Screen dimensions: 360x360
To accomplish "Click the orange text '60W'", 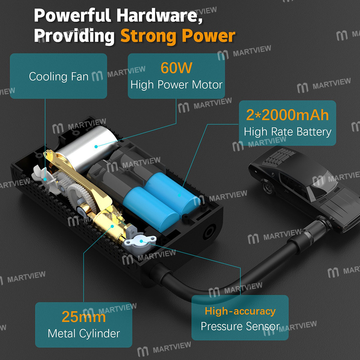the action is pyautogui.click(x=176, y=68).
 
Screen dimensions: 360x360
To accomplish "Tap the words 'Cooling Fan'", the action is pyautogui.click(x=59, y=76).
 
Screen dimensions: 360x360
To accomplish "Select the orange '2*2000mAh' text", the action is pyautogui.click(x=287, y=115).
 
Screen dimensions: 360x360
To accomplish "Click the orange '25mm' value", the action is pyautogui.click(x=84, y=317).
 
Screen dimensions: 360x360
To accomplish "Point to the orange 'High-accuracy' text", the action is pyautogui.click(x=240, y=311).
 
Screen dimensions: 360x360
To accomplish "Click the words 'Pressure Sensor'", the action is pyautogui.click(x=240, y=326).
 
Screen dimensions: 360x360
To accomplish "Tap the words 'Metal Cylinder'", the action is pyautogui.click(x=84, y=333).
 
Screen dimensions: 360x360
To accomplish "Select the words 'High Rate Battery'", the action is pyautogui.click(x=287, y=132).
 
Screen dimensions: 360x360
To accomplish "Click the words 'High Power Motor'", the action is pyautogui.click(x=176, y=85).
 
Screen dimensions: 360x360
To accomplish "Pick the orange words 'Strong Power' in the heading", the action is pyautogui.click(x=178, y=36).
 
